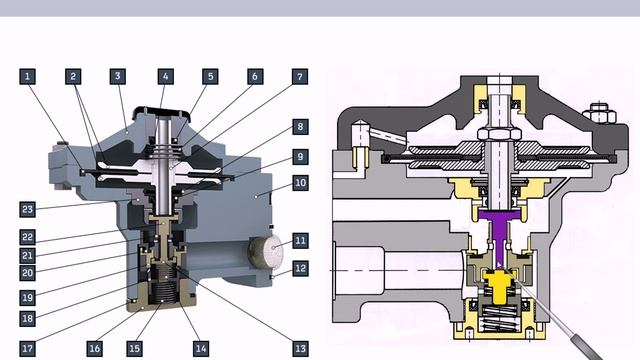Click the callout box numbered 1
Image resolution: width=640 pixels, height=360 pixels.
click(27, 76)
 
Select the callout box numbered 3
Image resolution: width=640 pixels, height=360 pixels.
click(118, 76)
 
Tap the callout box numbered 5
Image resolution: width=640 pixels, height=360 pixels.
click(210, 76)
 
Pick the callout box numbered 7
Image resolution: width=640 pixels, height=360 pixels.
click(300, 76)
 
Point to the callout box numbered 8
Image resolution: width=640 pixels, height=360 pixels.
click(300, 127)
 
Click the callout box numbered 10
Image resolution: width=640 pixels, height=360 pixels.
click(300, 182)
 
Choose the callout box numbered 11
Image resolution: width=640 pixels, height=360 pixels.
click(300, 240)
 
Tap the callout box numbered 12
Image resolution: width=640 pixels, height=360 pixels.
click(300, 269)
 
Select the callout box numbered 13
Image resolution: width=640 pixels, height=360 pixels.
click(300, 349)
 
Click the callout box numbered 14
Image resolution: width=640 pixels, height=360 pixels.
click(201, 349)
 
